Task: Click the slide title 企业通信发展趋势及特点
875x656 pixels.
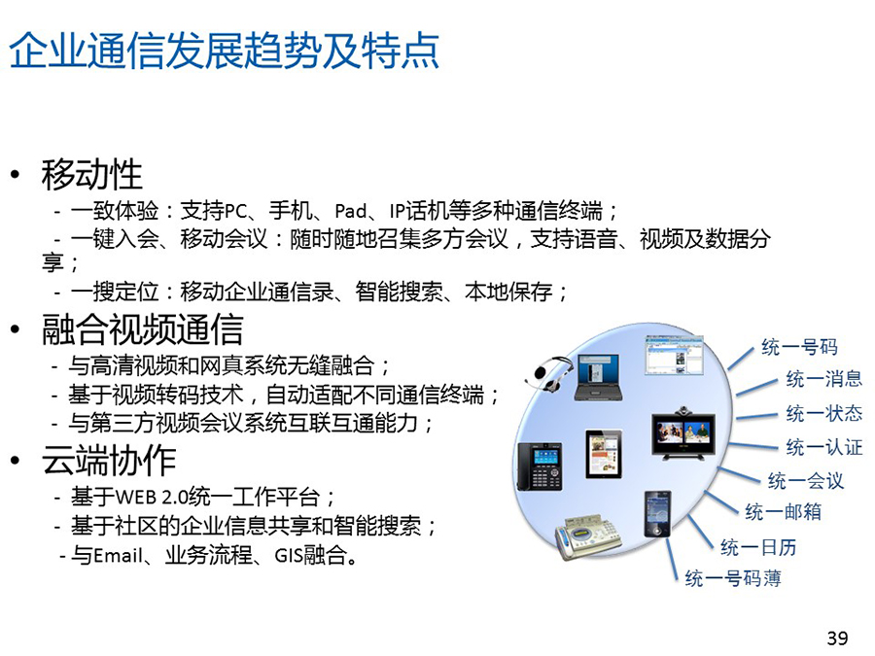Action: pyautogui.click(x=225, y=52)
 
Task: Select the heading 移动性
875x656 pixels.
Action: pyautogui.click(x=92, y=175)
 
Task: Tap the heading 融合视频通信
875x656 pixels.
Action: pyautogui.click(x=142, y=329)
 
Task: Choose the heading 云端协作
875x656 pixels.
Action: pyautogui.click(x=109, y=461)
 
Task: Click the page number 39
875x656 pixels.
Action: pyautogui.click(x=837, y=638)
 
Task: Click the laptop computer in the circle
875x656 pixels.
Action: pyautogui.click(x=598, y=377)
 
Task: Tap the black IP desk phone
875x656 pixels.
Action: pyautogui.click(x=540, y=466)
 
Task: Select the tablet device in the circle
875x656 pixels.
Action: pyautogui.click(x=604, y=455)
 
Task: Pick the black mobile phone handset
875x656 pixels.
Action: pyautogui.click(x=657, y=514)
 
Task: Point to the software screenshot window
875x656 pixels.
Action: pyautogui.click(x=674, y=356)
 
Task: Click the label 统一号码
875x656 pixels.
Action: pyautogui.click(x=800, y=347)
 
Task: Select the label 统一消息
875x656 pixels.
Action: pyautogui.click(x=824, y=379)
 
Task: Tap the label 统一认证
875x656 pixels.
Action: pyautogui.click(x=824, y=447)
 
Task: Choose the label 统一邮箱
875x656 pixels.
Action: pyautogui.click(x=783, y=511)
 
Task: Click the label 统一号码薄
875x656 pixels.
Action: pyautogui.click(x=733, y=578)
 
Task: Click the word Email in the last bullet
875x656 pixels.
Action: pyautogui.click(x=119, y=556)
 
